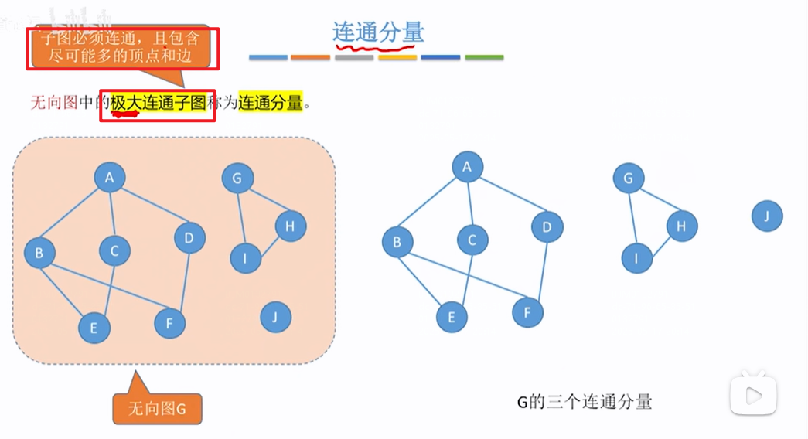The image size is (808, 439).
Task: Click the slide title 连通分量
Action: tap(378, 32)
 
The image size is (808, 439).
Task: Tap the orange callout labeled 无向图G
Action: tap(157, 408)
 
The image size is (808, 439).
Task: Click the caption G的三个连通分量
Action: tap(585, 402)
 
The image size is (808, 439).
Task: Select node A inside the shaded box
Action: tap(110, 179)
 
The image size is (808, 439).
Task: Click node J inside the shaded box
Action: tap(276, 317)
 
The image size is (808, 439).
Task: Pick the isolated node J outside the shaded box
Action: tap(767, 216)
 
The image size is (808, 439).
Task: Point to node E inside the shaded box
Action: tap(94, 328)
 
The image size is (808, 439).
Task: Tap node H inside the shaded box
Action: tap(291, 226)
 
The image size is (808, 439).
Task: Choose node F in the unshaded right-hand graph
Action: tap(527, 313)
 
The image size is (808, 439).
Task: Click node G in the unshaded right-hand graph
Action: tap(628, 179)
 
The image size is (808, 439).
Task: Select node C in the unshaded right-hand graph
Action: tap(472, 240)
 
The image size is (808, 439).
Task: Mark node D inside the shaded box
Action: tap(189, 237)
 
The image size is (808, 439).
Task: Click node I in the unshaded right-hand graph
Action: tap(637, 258)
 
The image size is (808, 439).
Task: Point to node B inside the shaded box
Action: tap(39, 253)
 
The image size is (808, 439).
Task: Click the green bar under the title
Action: tap(484, 57)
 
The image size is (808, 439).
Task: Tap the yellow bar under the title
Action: tap(397, 57)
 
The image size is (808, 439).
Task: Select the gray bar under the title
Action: tap(355, 57)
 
